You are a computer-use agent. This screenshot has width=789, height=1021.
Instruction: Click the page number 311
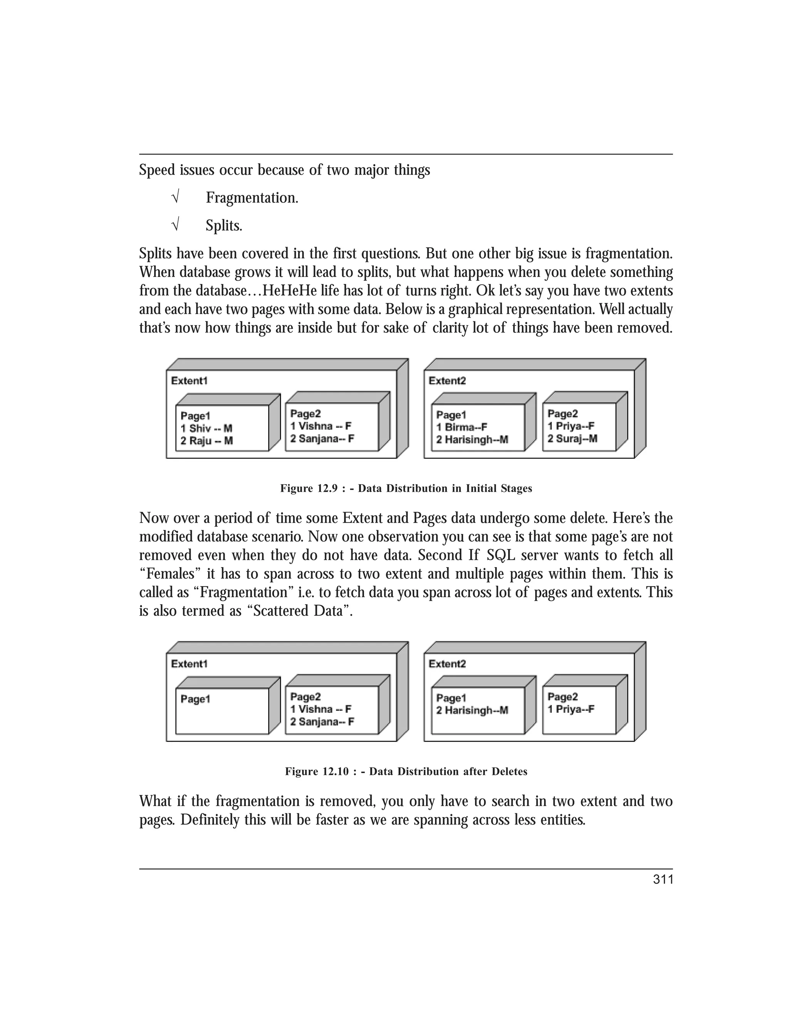pos(663,879)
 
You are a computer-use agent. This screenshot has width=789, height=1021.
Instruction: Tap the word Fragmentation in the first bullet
pos(252,198)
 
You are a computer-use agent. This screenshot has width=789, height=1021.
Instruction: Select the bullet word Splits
pos(223,226)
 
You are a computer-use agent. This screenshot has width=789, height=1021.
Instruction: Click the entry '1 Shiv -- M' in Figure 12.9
pos(206,428)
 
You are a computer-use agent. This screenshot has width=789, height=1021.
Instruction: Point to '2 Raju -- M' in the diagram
pos(206,441)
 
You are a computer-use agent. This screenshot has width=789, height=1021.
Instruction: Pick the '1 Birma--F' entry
pos(461,427)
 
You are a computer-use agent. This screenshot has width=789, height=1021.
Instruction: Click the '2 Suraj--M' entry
pos(572,438)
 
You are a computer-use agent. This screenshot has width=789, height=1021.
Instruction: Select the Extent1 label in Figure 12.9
pos(189,381)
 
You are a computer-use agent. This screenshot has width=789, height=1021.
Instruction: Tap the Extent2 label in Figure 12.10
pos(447,664)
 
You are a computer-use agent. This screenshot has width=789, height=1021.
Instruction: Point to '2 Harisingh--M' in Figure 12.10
pos(472,710)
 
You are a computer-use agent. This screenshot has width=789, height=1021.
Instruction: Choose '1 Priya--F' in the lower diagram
pos(571,709)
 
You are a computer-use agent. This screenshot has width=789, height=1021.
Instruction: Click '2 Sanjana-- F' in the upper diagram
pos(322,438)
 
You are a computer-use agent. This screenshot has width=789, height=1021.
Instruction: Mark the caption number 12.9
pos(329,489)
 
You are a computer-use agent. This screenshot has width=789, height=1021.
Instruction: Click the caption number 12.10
pos(336,772)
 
